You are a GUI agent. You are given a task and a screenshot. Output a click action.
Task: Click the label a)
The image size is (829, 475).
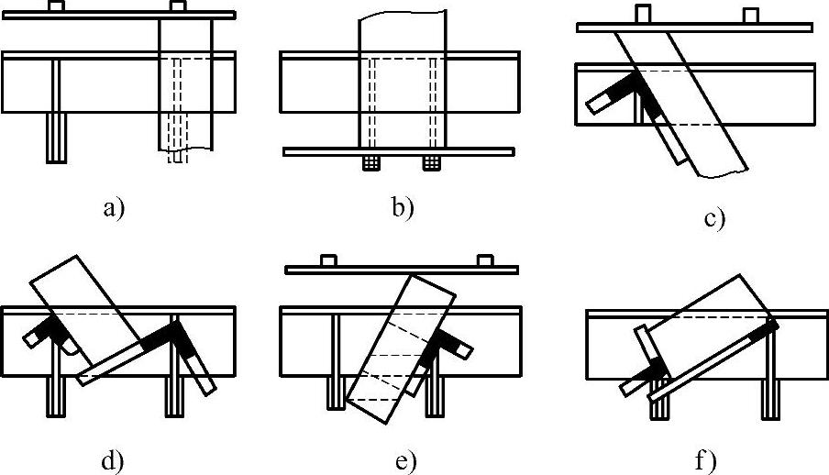pyautogui.click(x=113, y=209)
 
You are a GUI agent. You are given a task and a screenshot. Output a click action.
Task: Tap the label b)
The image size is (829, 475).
pyautogui.click(x=402, y=208)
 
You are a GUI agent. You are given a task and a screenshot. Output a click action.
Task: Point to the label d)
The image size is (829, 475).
pyautogui.click(x=113, y=460)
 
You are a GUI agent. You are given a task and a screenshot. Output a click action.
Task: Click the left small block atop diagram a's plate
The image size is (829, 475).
pyautogui.click(x=56, y=7)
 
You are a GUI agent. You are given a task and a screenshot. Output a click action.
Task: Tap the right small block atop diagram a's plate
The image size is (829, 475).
pyautogui.click(x=178, y=6)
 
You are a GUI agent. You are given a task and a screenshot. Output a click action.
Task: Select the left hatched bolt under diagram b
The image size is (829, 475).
pyautogui.click(x=370, y=163)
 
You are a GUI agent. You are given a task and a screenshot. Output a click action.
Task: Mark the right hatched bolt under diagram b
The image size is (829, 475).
pyautogui.click(x=430, y=163)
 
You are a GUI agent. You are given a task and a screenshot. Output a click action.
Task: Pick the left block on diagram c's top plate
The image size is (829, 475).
pyautogui.click(x=643, y=16)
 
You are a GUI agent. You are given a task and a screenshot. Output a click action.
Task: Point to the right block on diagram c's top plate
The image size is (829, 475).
pyautogui.click(x=751, y=17)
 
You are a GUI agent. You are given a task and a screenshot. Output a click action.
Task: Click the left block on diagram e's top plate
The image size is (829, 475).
pyautogui.click(x=328, y=260)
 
